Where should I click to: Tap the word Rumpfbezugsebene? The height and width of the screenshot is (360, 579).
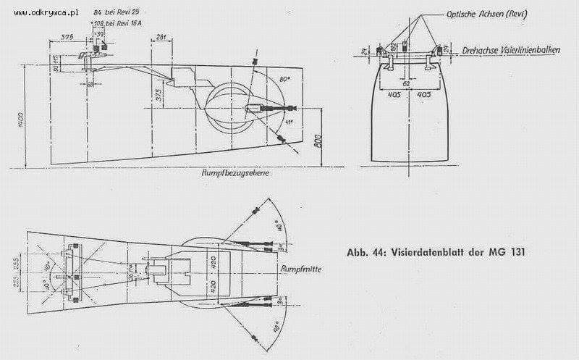point(234,175)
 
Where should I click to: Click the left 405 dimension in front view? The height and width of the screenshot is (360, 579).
point(394,93)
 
